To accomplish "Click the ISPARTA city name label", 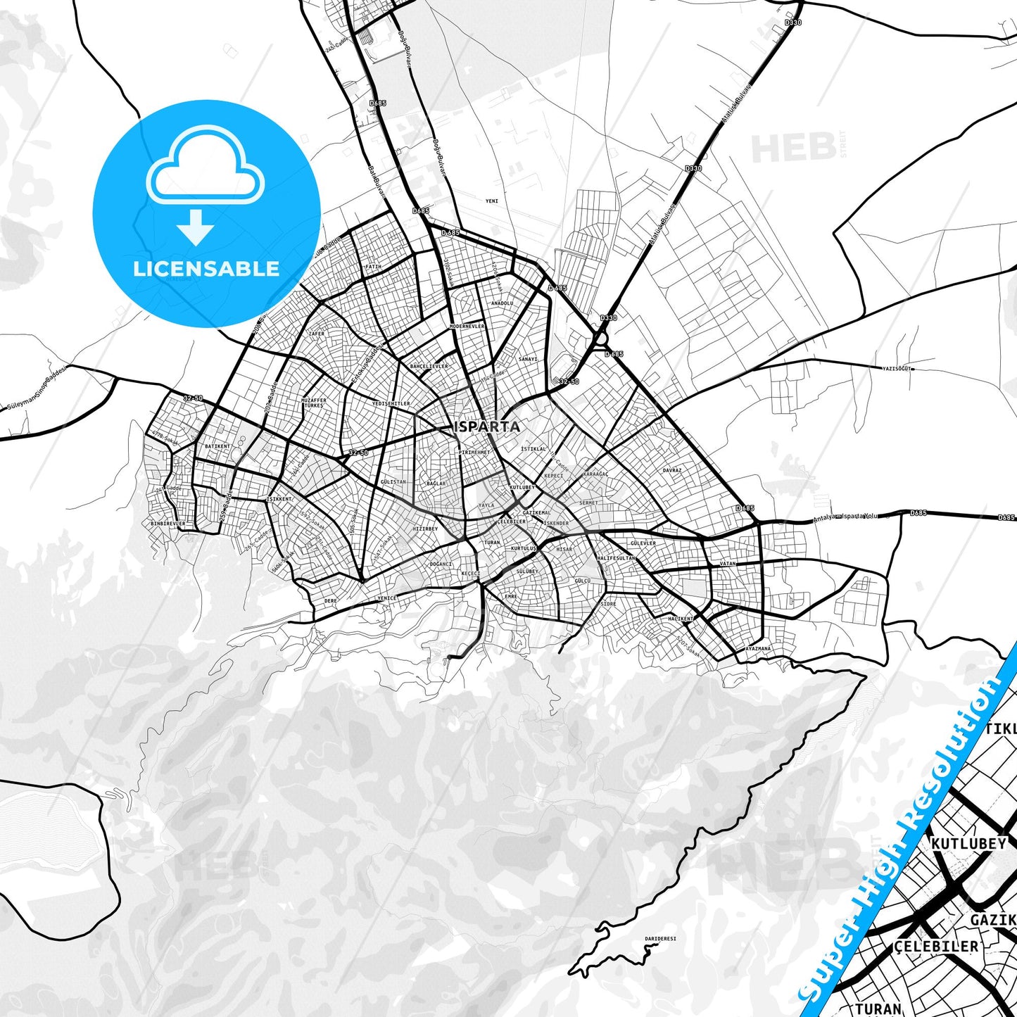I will click(488, 427).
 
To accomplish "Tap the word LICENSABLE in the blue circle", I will click(206, 269).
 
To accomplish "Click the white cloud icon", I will click(205, 166).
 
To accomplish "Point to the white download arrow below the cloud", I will click(196, 227).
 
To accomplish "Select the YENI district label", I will click(492, 201).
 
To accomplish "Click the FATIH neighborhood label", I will click(373, 267).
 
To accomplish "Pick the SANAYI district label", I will click(527, 360).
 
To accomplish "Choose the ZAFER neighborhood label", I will click(317, 334).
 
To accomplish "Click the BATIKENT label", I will click(217, 446).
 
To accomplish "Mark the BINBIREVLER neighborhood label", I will click(168, 524).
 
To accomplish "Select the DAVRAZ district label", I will click(672, 470).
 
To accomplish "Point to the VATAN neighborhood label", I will click(728, 564).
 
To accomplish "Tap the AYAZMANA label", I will click(758, 648).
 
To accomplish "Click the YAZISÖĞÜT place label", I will click(897, 368).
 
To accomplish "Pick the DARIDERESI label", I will click(660, 939).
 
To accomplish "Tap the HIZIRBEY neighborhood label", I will click(425, 529).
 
